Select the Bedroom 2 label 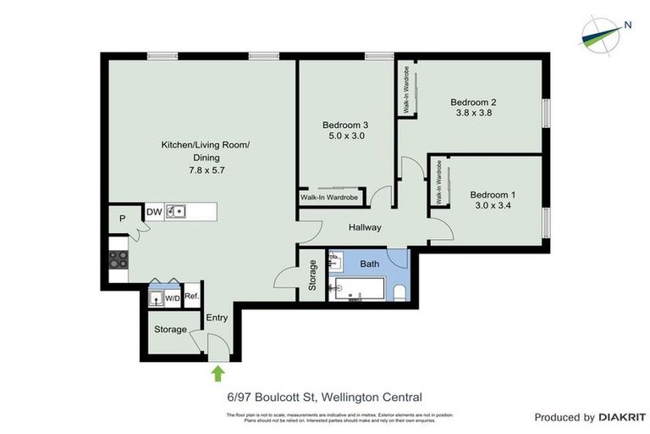[474, 99]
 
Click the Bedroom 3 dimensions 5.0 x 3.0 [345, 136]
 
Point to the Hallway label [365, 227]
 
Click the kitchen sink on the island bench [176, 210]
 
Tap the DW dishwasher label [154, 211]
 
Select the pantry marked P [123, 219]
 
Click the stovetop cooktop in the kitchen [118, 259]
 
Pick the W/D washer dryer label [172, 298]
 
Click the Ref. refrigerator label [192, 297]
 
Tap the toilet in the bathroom [399, 292]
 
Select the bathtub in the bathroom [360, 290]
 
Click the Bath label [369, 264]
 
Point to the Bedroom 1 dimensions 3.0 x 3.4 [492, 206]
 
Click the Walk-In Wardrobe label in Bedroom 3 [329, 198]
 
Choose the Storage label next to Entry [170, 330]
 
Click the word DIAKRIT [622, 417]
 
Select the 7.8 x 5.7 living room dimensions [206, 170]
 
